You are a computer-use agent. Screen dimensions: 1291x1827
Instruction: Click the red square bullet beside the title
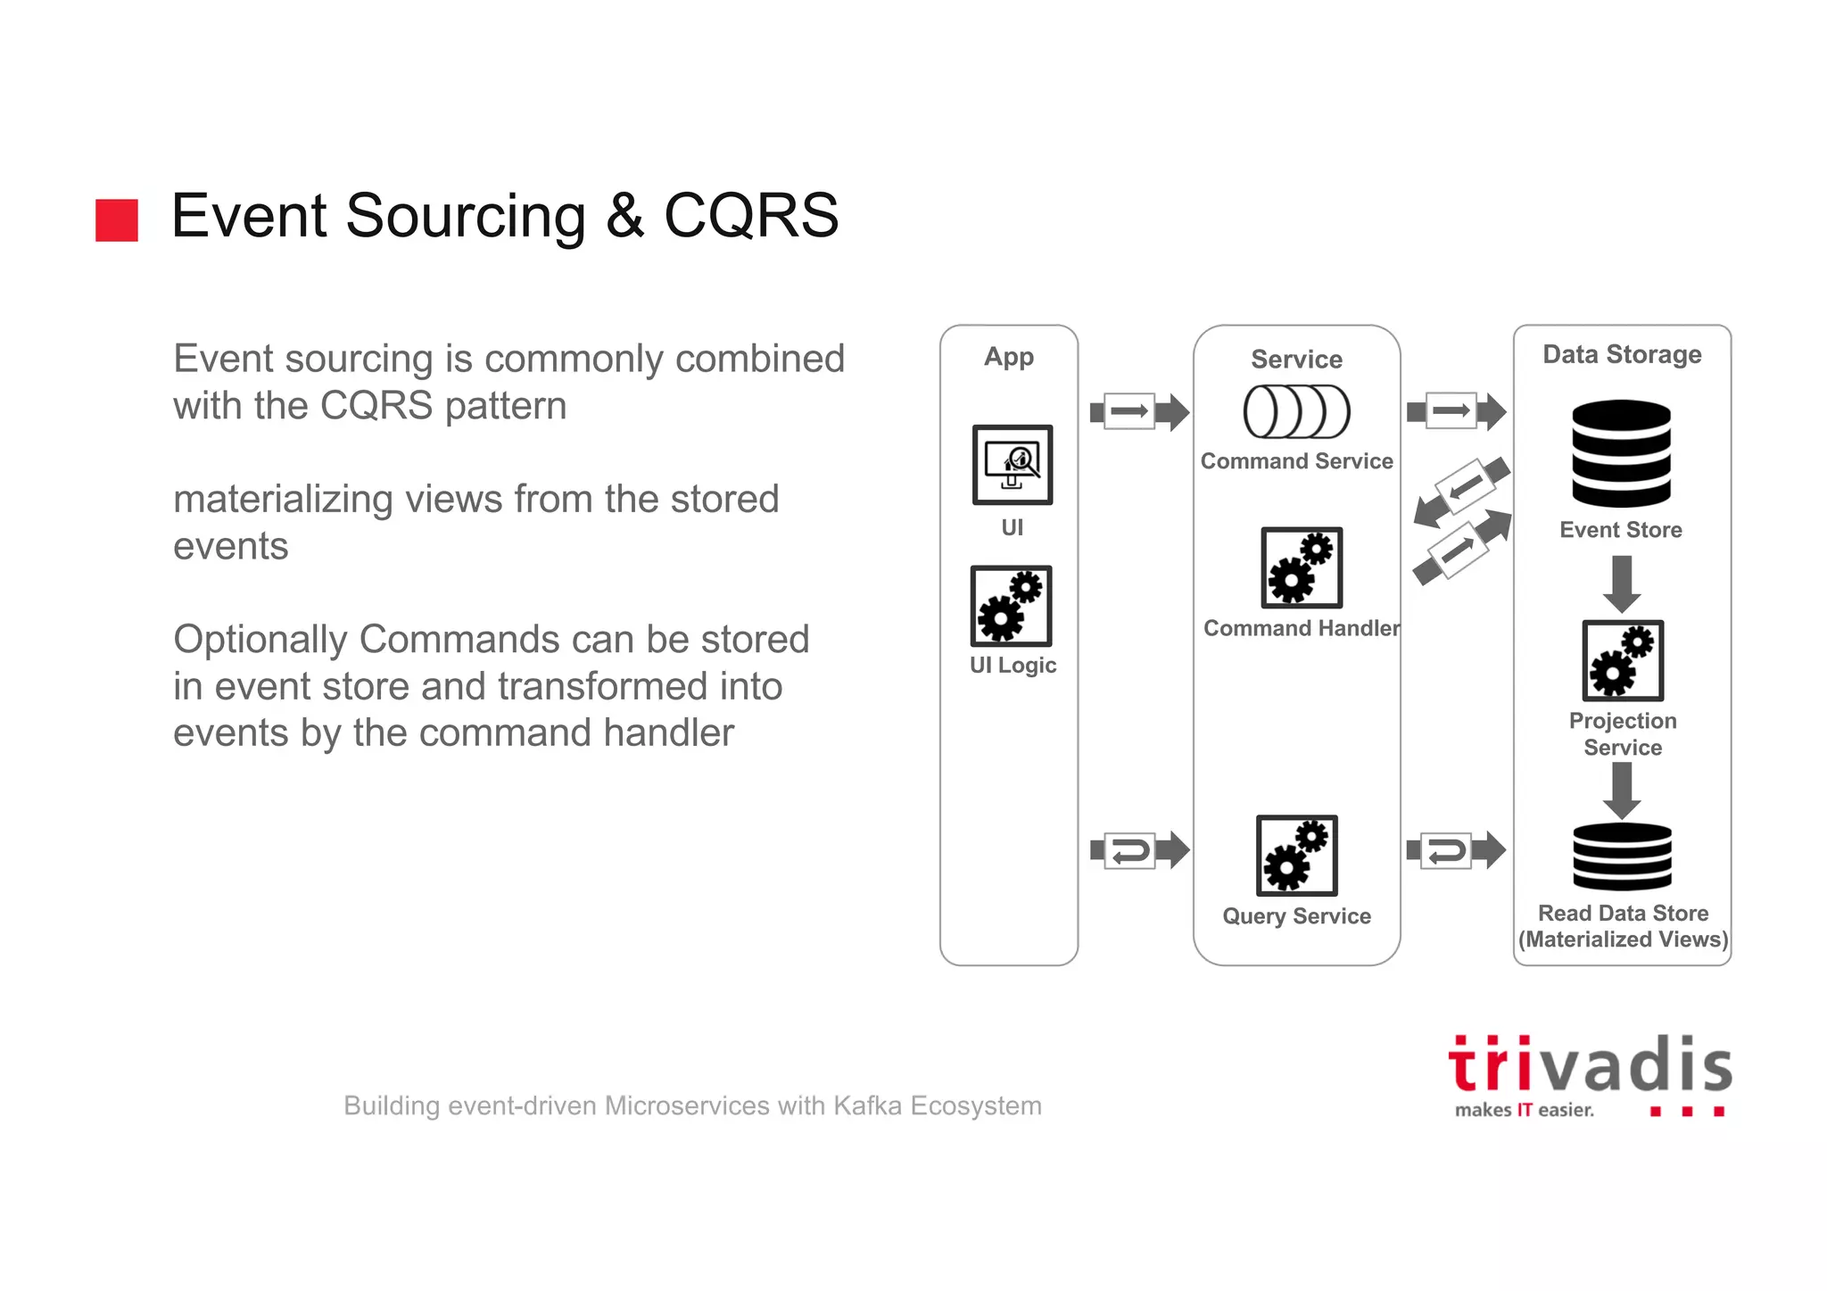click(117, 219)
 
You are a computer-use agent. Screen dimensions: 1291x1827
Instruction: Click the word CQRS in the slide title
click(751, 216)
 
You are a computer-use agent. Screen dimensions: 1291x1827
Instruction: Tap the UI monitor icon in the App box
click(1013, 465)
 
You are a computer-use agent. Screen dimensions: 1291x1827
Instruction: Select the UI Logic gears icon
click(1012, 606)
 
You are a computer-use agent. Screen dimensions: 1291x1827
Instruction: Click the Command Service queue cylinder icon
click(1296, 411)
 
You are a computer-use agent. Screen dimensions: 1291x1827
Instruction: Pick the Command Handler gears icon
click(1302, 567)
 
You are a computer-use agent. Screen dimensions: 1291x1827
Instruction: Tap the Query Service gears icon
click(1297, 855)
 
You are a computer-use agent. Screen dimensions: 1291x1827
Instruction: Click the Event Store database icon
click(1621, 453)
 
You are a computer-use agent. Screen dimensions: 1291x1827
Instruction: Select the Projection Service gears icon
click(1623, 660)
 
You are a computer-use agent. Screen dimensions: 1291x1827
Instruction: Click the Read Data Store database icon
click(1622, 856)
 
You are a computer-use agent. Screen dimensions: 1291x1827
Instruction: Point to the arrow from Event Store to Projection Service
click(1623, 583)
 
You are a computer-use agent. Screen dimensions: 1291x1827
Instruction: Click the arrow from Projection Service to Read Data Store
click(1622, 790)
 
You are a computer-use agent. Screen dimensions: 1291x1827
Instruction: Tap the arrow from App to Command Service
click(1139, 411)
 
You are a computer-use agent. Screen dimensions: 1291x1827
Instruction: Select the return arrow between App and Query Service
click(1139, 850)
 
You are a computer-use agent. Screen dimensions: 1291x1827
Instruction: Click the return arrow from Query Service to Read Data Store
click(1455, 850)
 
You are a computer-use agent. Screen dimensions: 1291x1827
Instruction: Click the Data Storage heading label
click(1622, 354)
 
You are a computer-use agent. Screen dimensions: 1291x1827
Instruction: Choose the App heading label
click(1009, 356)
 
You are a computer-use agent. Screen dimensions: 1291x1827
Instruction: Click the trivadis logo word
click(1590, 1066)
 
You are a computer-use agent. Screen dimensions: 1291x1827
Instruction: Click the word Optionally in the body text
click(260, 639)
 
